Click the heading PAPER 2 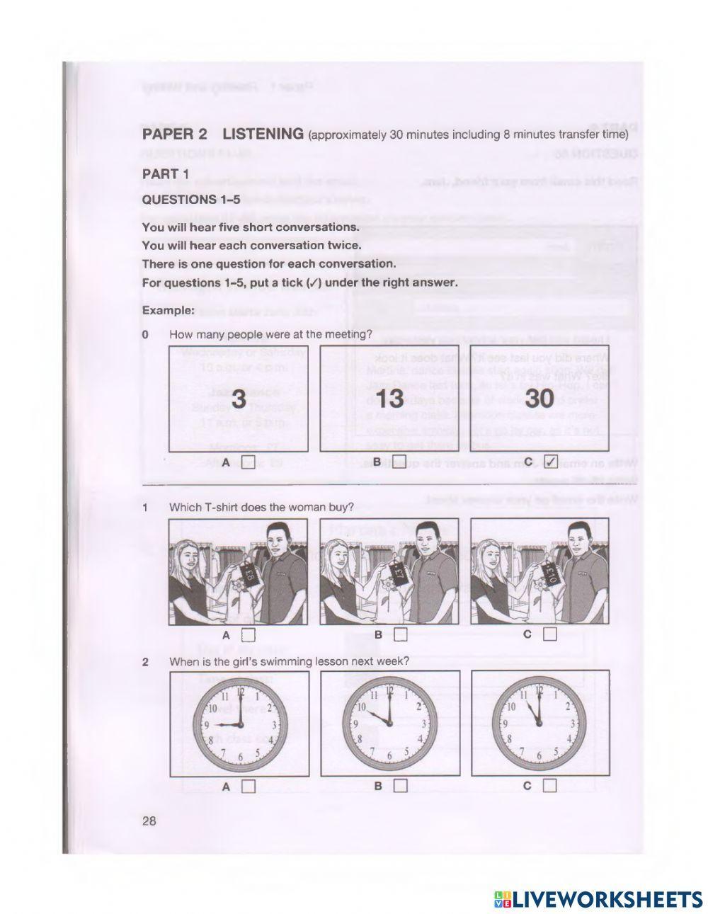pyautogui.click(x=175, y=134)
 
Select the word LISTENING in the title pyautogui.click(x=263, y=134)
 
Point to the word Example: pyautogui.click(x=168, y=310)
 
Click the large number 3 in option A pyautogui.click(x=239, y=399)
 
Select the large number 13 pyautogui.click(x=389, y=399)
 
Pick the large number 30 pyautogui.click(x=539, y=399)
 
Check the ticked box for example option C pyautogui.click(x=550, y=463)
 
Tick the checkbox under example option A pyautogui.click(x=247, y=464)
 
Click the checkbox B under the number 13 pyautogui.click(x=399, y=464)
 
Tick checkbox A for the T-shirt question pyautogui.click(x=247, y=634)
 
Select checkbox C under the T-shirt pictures pyautogui.click(x=550, y=634)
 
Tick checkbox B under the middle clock pyautogui.click(x=399, y=785)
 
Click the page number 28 pyautogui.click(x=149, y=821)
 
